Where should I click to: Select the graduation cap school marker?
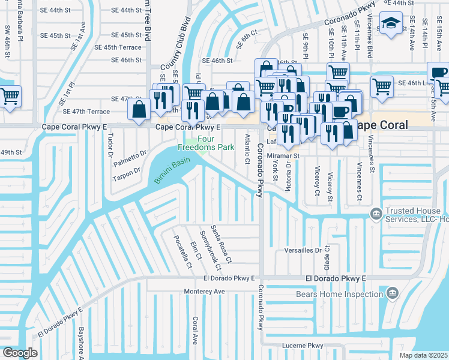(391, 24)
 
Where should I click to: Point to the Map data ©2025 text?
(423, 355)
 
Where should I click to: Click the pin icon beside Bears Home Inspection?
(393, 293)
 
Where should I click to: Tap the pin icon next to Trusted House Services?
(376, 213)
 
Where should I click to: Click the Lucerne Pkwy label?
(303, 346)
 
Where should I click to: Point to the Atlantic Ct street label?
(247, 149)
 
